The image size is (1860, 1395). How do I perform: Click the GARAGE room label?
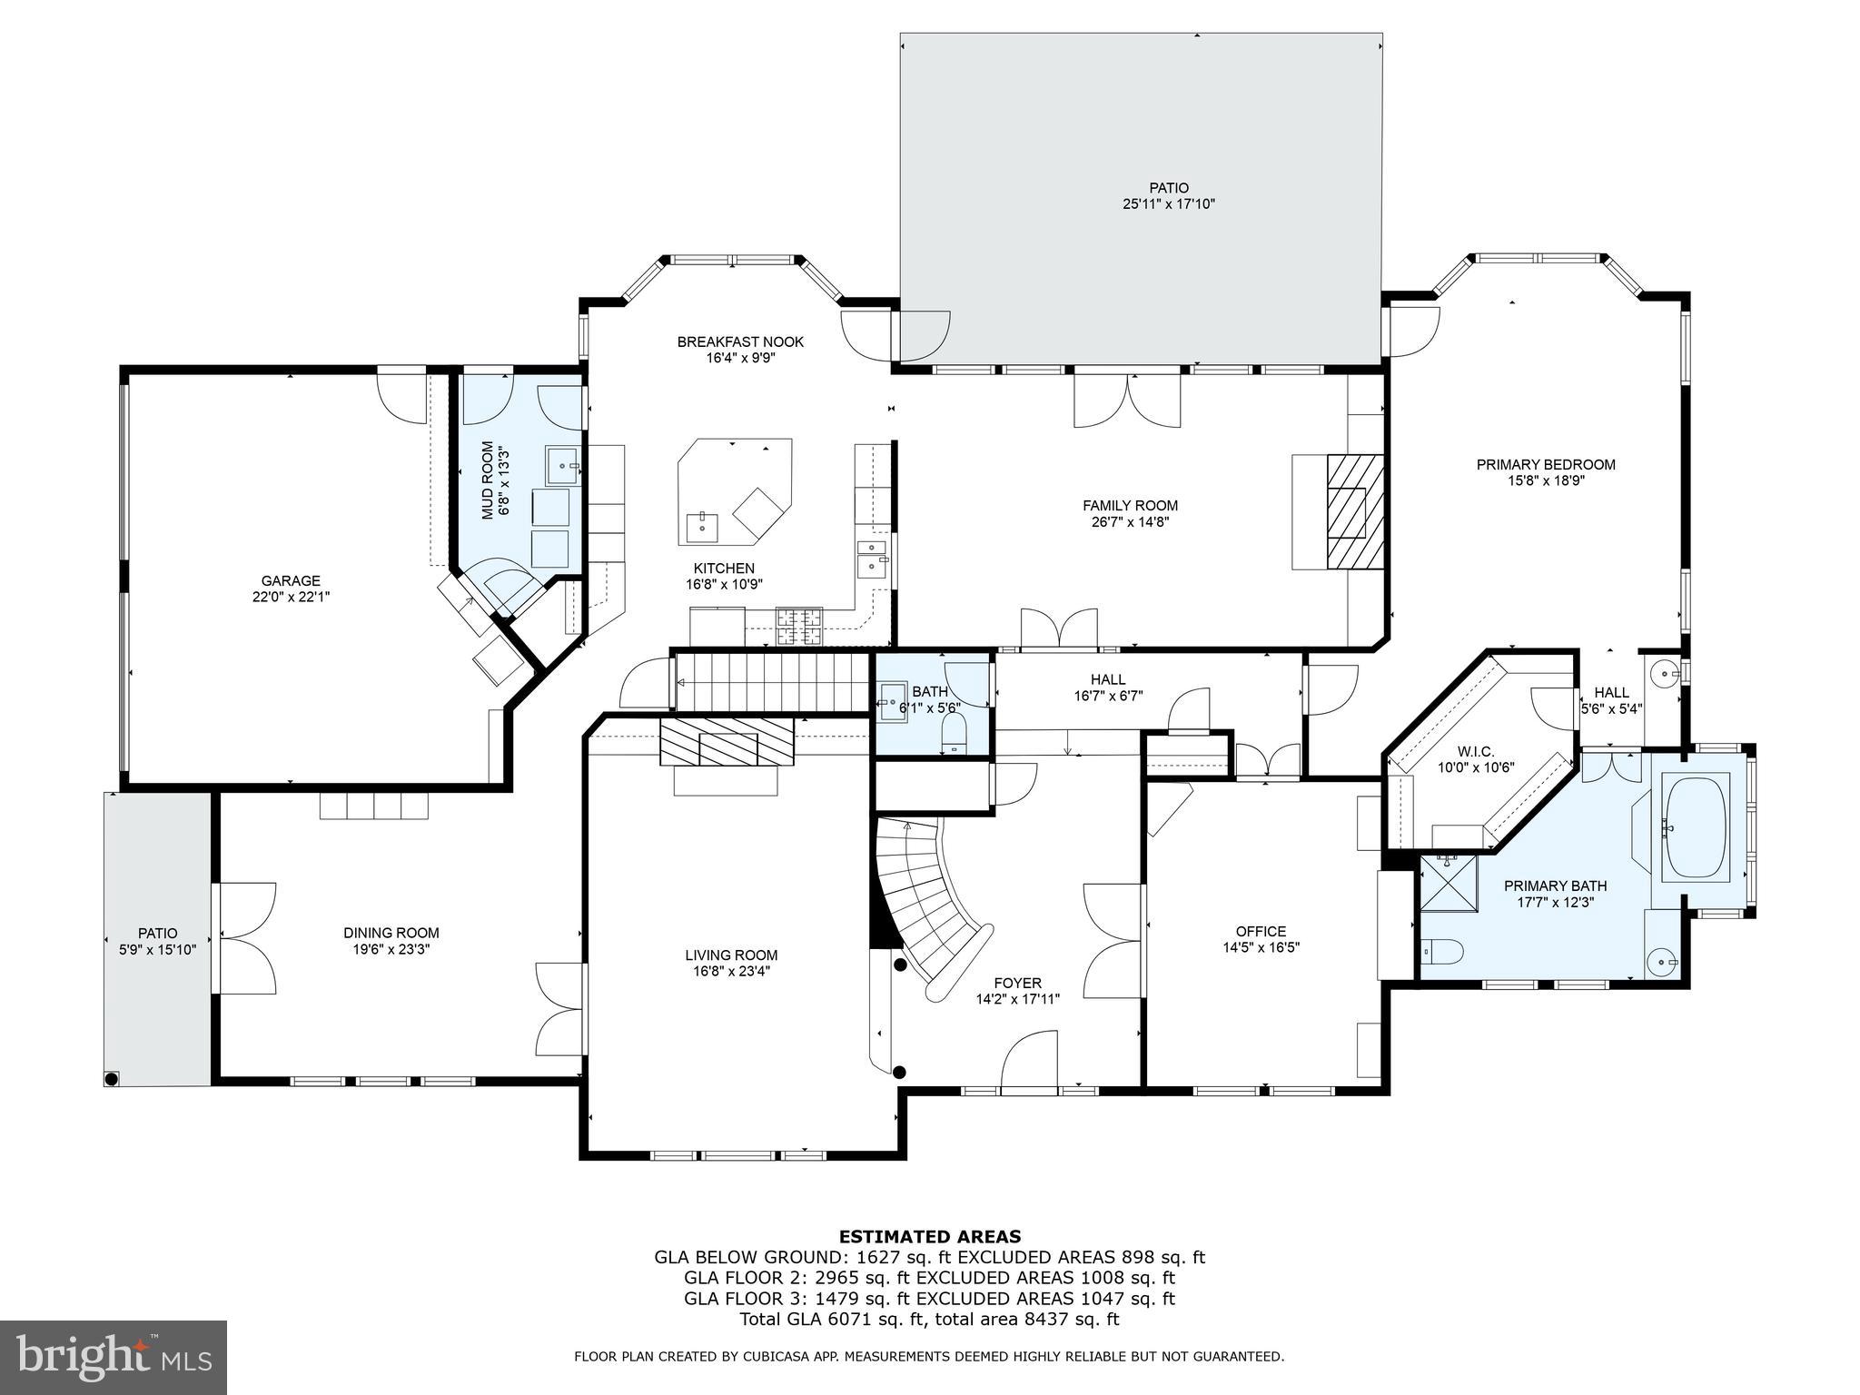point(291,580)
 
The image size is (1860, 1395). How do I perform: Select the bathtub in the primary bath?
point(1695,826)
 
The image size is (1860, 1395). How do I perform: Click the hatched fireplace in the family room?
point(1355,512)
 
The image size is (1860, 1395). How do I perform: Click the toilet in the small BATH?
point(955,732)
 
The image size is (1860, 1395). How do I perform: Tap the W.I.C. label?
point(1475,752)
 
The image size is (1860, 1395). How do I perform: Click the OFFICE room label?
point(1261,931)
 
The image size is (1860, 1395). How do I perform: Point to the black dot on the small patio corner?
point(112,1079)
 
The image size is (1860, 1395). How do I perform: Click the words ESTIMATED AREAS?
point(929,1236)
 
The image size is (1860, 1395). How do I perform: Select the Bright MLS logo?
point(113,1358)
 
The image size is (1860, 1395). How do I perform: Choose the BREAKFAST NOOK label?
point(740,342)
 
